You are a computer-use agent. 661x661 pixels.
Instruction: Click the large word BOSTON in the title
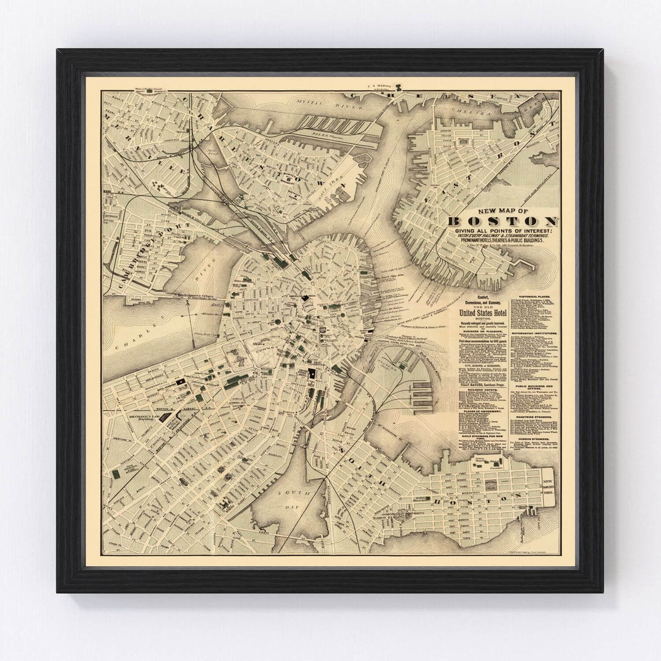(502, 222)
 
